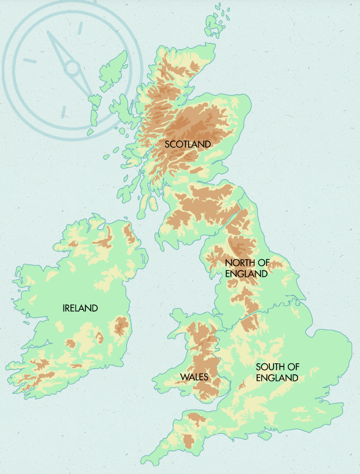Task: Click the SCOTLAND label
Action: [188, 144]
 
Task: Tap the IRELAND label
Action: [80, 308]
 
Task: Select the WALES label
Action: [194, 377]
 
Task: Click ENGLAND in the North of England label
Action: [245, 274]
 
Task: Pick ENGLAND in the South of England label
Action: [276, 378]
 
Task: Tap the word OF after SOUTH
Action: [293, 367]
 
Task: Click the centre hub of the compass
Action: [73, 67]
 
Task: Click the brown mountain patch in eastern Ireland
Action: [121, 327]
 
